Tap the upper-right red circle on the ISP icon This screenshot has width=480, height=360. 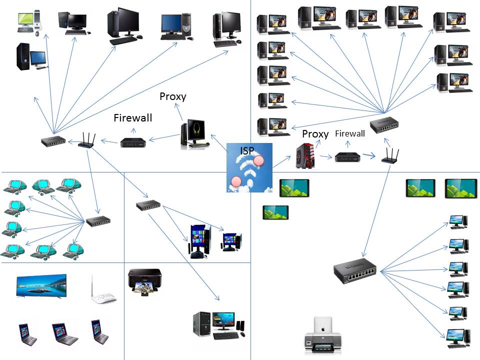pyautogui.click(x=258, y=160)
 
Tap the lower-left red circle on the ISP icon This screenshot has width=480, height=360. pyautogui.click(x=236, y=180)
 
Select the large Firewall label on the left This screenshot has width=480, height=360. pyautogui.click(x=132, y=118)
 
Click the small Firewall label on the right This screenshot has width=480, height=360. pyautogui.click(x=349, y=133)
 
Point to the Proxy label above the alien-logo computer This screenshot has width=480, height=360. pyautogui.click(x=172, y=96)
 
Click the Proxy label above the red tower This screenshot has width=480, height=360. pyautogui.click(x=315, y=134)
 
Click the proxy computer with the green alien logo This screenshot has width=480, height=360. pyautogui.click(x=192, y=134)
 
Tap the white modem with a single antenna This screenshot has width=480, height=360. pyautogui.click(x=102, y=291)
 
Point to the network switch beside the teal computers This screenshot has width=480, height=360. pyautogui.click(x=97, y=221)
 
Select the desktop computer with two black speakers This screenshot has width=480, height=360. pyautogui.click(x=218, y=324)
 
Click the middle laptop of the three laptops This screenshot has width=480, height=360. pyautogui.click(x=65, y=334)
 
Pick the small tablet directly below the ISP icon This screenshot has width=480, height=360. pyautogui.click(x=275, y=212)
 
